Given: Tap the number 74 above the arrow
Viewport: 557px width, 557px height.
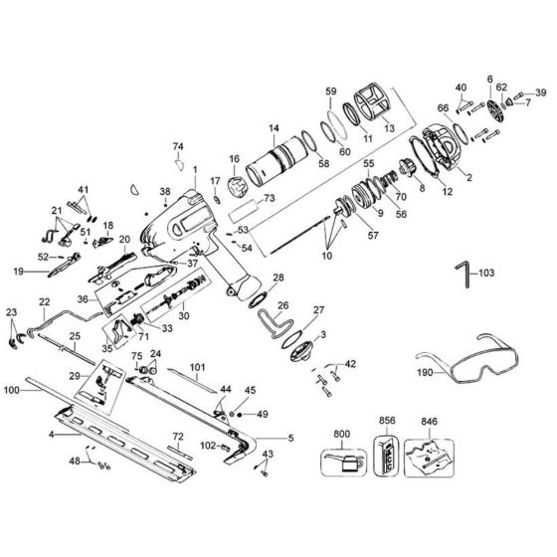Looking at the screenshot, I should [179, 146].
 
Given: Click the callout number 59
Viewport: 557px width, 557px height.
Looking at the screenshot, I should [331, 92].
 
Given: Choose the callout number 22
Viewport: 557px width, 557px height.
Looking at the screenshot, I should [44, 301].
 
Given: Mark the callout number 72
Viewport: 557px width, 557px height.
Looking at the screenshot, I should [178, 438].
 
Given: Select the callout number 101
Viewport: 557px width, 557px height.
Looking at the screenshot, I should [197, 366].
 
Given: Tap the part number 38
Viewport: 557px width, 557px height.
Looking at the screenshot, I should [165, 192].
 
